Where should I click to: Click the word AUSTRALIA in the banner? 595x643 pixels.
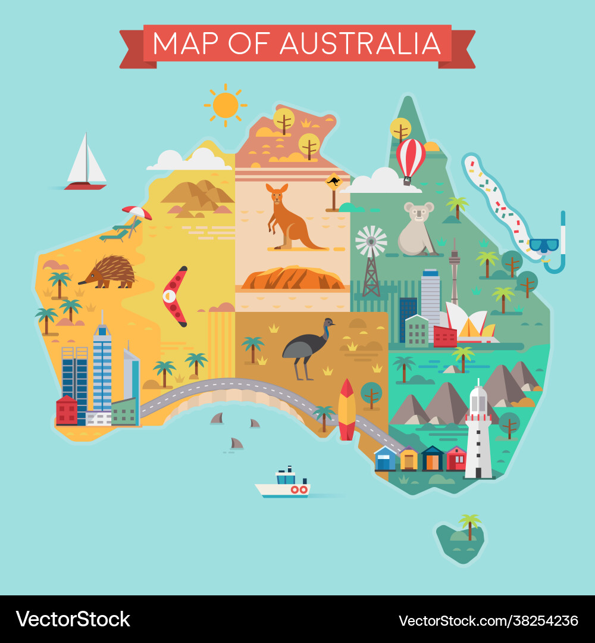pyautogui.click(x=360, y=43)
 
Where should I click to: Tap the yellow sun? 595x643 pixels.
pyautogui.click(x=225, y=105)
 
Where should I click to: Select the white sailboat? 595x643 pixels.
pyautogui.click(x=86, y=161)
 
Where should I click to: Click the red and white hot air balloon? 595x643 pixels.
pyautogui.click(x=411, y=157)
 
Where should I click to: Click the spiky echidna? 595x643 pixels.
pyautogui.click(x=110, y=271)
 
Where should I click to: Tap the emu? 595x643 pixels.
pyautogui.click(x=306, y=348)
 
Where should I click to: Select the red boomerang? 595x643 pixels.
pyautogui.click(x=174, y=296)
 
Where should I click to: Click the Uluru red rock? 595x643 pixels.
pyautogui.click(x=293, y=278)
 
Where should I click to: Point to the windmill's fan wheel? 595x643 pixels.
pyautogui.click(x=371, y=241)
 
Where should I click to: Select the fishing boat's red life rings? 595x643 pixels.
pyautogui.click(x=299, y=489)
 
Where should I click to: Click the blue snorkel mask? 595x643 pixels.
pyautogui.click(x=544, y=245)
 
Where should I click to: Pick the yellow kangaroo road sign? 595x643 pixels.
pyautogui.click(x=334, y=181)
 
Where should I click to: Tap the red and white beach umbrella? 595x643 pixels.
pyautogui.click(x=137, y=213)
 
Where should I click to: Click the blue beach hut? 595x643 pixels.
pyautogui.click(x=385, y=459)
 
